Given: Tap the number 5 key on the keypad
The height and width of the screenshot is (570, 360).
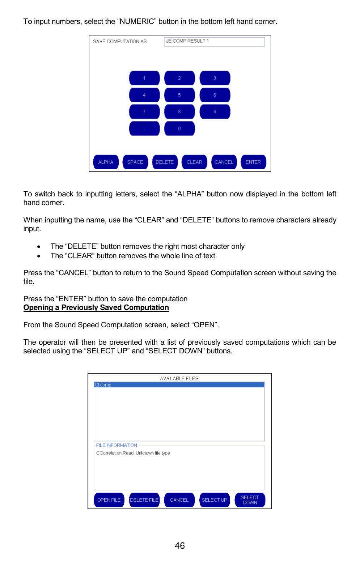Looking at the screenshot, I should click(179, 95).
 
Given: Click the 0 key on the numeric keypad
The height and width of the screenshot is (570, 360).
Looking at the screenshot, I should click(179, 129).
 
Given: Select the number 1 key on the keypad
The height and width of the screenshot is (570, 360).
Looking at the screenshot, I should click(144, 78).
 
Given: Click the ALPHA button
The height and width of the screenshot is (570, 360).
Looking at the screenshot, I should click(106, 162).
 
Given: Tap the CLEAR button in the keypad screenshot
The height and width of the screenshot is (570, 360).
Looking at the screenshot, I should click(194, 162).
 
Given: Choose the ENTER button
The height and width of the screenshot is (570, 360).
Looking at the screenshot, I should click(253, 162).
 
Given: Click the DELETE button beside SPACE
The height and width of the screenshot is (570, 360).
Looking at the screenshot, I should click(165, 162).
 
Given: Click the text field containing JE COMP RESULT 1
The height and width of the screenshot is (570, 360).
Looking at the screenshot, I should click(214, 42).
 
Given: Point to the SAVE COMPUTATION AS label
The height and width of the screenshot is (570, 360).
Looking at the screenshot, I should click(120, 42).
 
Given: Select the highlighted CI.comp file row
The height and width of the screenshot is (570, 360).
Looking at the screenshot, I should click(179, 385).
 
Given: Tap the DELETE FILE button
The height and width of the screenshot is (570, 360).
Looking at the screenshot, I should click(144, 500).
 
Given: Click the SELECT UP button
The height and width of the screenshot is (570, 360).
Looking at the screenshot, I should click(215, 500).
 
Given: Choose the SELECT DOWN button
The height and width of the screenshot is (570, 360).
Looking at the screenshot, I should click(250, 500).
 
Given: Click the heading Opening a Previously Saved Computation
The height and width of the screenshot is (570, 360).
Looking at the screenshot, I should click(96, 308).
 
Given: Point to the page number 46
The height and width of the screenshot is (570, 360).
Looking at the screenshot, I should click(180, 546).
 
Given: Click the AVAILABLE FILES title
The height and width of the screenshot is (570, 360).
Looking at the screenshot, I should click(179, 378).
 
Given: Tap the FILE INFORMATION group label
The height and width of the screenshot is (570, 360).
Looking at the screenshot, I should click(117, 445).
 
